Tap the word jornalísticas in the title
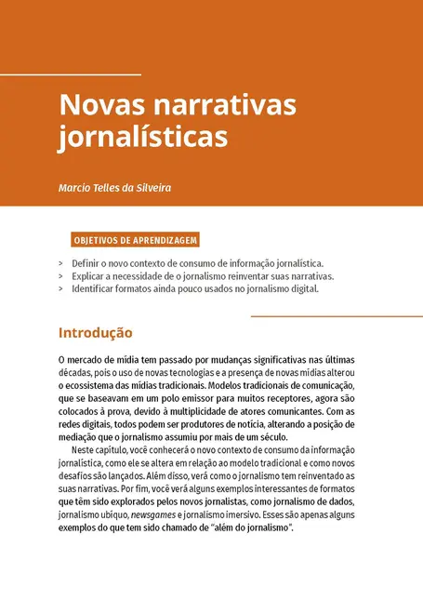(142, 136)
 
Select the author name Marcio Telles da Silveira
(114, 188)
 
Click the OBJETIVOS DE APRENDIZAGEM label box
(136, 240)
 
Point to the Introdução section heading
(95, 332)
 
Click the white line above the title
(71, 73)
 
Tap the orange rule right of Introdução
(337, 316)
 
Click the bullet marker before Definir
(61, 264)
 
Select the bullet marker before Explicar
(61, 276)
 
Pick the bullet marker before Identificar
(61, 288)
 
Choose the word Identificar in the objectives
(96, 288)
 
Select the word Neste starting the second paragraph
(86, 450)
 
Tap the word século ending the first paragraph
(273, 437)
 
